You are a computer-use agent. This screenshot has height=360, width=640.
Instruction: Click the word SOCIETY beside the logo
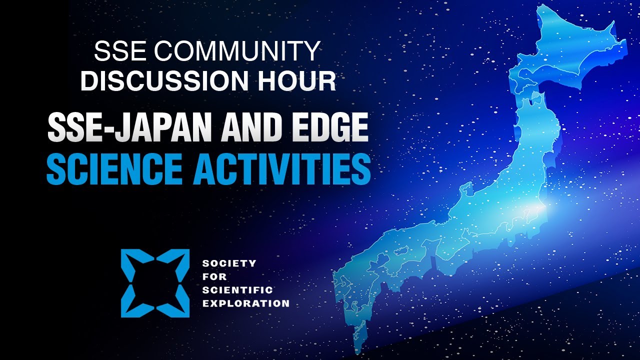[x=229, y=263]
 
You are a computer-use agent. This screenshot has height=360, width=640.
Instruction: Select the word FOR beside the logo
[x=214, y=276]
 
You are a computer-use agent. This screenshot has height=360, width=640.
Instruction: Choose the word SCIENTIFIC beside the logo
[x=237, y=290]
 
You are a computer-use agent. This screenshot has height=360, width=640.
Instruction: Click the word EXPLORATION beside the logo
[x=246, y=303]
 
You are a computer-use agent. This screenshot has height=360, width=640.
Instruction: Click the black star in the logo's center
[x=155, y=283]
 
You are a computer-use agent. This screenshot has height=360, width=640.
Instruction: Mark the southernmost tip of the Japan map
[x=357, y=353]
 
